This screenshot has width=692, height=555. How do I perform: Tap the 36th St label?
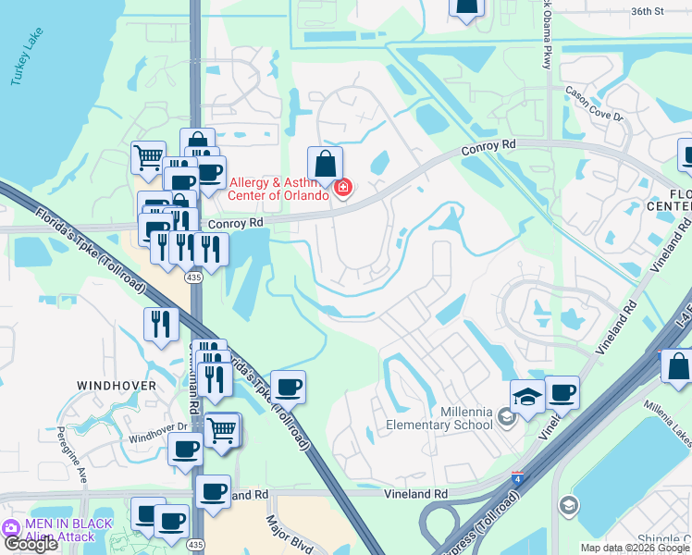pos(648,11)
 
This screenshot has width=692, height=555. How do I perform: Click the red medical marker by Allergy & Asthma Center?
pos(342,189)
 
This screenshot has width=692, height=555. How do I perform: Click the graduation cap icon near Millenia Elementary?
pos(527,398)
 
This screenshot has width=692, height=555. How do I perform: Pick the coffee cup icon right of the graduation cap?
pos(562,393)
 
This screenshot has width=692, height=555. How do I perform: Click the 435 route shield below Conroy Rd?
pos(193,277)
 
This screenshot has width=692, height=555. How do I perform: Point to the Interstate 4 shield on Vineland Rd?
pos(516,477)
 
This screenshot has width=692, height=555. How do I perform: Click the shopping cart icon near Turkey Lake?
pos(147,158)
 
